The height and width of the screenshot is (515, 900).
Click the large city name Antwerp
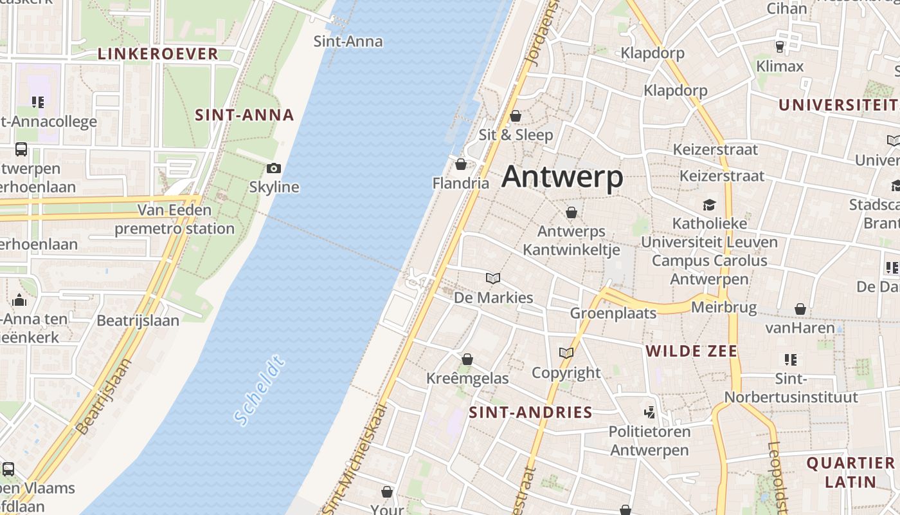[562, 176]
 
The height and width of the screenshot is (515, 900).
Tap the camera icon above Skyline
[274, 169]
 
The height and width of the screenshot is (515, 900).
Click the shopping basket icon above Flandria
[460, 164]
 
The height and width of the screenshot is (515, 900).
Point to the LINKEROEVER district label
[158, 54]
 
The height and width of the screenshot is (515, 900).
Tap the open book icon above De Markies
[493, 279]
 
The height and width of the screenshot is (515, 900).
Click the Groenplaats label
[613, 313]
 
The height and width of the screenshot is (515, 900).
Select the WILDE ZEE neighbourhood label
[692, 351]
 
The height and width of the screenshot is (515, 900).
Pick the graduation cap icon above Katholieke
[709, 205]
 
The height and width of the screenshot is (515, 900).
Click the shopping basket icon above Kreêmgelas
[467, 359]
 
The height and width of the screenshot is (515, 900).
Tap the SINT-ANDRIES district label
[530, 412]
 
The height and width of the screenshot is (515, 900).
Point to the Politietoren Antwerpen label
[649, 441]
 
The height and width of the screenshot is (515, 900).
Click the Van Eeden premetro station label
[174, 219]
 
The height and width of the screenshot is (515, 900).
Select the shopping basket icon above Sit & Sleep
[516, 116]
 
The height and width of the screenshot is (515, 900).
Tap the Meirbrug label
[724, 307]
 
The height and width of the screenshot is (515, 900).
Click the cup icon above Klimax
[780, 47]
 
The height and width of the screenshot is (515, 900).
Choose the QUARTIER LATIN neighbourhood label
[851, 472]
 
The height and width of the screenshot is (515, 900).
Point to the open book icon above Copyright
[566, 353]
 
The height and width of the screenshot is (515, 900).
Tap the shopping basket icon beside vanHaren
[800, 310]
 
